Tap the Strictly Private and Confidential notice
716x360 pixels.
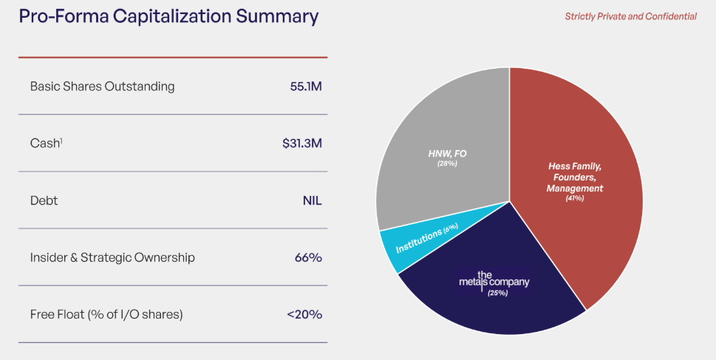(630, 16)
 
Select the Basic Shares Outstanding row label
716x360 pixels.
(102, 86)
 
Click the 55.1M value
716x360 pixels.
(306, 86)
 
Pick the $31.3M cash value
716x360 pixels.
(301, 143)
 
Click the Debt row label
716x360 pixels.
(44, 200)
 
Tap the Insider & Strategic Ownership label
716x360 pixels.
(112, 257)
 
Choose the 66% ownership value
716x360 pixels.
(308, 257)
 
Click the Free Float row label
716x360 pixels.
(106, 314)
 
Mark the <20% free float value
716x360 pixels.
(304, 314)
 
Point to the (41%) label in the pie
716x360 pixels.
(575, 199)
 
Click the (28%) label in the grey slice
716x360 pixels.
(446, 163)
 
